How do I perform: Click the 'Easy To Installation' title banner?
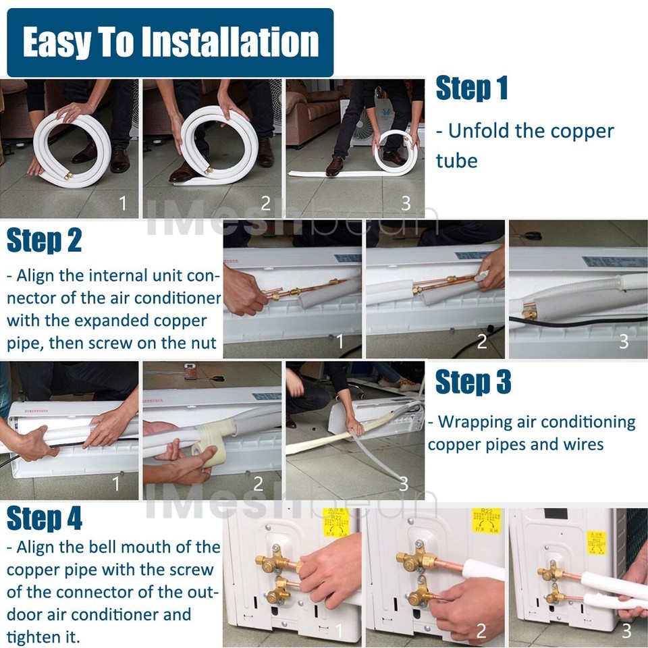(170, 43)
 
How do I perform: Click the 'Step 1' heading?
(471, 89)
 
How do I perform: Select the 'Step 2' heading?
(44, 241)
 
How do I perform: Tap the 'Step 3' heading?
(473, 383)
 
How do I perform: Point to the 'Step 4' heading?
(45, 518)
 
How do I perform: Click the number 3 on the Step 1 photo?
(406, 202)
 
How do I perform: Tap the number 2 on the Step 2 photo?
(481, 342)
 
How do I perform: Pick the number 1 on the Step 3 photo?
(115, 483)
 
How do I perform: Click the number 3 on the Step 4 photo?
(626, 630)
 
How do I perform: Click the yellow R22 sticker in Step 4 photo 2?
(486, 521)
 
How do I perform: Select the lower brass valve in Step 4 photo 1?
(277, 593)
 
